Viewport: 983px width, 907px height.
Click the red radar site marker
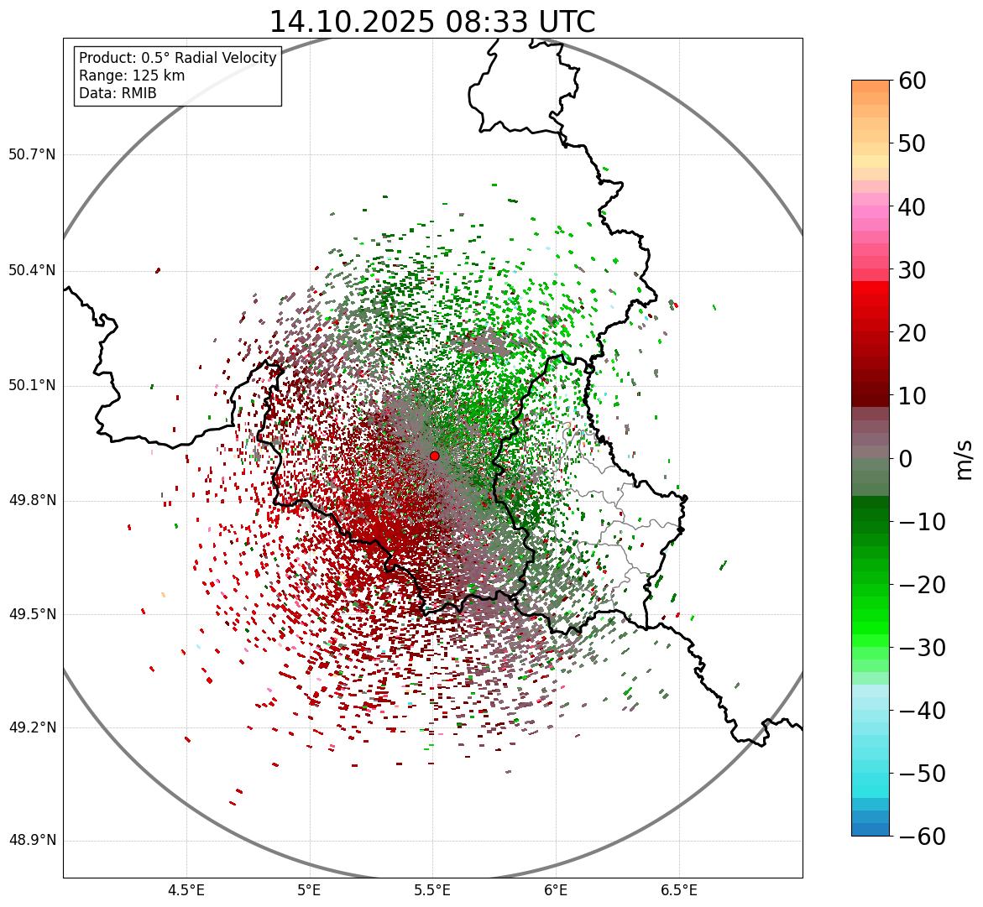pos(434,456)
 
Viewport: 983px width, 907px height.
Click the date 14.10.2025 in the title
pos(351,22)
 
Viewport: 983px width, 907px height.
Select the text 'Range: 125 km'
pos(132,76)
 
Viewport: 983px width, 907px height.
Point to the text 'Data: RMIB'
pos(118,93)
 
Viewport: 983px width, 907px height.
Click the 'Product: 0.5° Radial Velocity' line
pos(177,58)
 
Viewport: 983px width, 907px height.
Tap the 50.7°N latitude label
pos(32,155)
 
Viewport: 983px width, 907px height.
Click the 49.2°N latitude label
pos(32,727)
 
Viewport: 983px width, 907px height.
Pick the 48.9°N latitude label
pos(32,841)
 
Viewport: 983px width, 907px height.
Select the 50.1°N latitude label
pos(32,386)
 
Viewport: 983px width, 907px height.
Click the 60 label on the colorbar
pos(912,81)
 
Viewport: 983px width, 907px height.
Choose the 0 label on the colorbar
pos(905,459)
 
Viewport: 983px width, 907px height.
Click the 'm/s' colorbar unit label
pos(964,459)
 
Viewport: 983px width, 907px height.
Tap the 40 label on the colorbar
pos(912,206)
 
